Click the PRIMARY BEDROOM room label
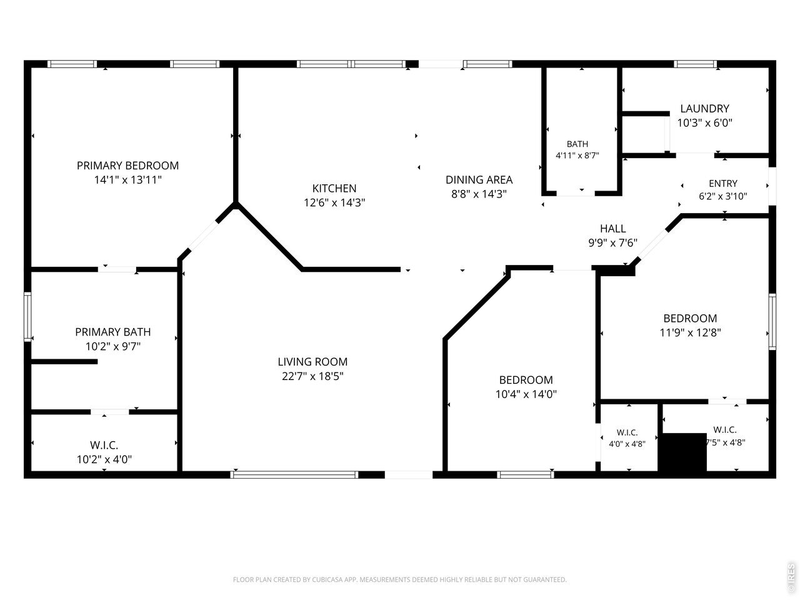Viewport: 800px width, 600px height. click(x=127, y=166)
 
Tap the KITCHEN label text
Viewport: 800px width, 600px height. click(x=334, y=188)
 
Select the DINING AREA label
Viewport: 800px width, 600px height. click(x=479, y=180)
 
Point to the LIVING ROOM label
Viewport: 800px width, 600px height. click(x=312, y=362)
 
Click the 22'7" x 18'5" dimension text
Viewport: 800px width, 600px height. click(x=312, y=376)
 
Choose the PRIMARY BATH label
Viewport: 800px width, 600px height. click(x=113, y=332)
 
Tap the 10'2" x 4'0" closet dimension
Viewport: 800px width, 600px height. click(x=104, y=459)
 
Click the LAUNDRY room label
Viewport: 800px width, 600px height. click(x=704, y=109)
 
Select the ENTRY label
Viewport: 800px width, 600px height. click(x=722, y=183)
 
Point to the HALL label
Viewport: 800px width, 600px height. click(x=612, y=229)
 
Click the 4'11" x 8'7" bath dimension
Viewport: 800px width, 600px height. click(x=577, y=156)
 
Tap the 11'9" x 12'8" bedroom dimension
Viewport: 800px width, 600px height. click(x=690, y=332)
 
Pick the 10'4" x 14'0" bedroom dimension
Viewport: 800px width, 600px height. click(x=526, y=394)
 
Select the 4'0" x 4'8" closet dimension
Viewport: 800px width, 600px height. click(x=627, y=444)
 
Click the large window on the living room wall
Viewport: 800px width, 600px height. click(x=294, y=474)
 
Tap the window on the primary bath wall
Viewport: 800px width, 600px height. click(x=27, y=317)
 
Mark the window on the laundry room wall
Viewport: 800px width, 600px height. click(x=695, y=64)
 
